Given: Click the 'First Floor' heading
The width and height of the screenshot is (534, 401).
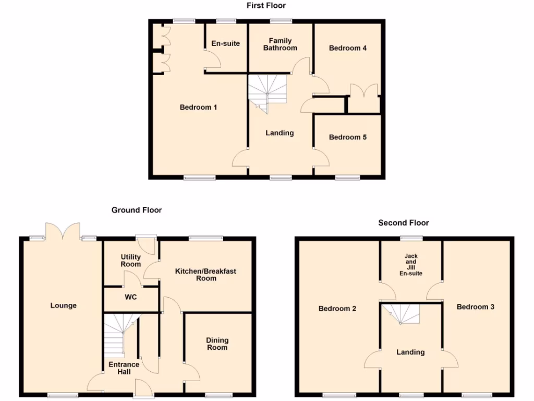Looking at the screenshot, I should tap(266, 6).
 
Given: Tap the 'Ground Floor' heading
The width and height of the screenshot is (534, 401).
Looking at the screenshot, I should tap(137, 210).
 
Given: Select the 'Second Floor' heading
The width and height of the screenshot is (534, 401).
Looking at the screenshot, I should tap(404, 223).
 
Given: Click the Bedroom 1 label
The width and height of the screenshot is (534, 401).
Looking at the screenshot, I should tap(198, 108).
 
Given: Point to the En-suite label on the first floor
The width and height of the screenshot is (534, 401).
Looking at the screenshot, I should tap(226, 43).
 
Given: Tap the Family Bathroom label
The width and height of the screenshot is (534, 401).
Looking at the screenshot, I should tap(280, 44).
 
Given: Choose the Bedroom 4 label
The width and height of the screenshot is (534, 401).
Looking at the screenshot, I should tap(348, 48).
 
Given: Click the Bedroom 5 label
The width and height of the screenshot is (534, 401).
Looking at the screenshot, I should tap(348, 137).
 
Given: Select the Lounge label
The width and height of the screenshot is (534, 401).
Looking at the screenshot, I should tap(63, 305).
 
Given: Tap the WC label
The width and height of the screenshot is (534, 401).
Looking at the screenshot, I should tap(130, 297).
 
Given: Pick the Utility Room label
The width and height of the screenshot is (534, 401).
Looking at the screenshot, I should tap(130, 260).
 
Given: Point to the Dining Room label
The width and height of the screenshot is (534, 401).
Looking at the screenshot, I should tap(217, 344).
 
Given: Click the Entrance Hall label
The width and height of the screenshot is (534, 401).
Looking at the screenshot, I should tap(124, 368).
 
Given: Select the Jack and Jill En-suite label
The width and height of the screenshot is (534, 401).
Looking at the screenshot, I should tap(411, 265).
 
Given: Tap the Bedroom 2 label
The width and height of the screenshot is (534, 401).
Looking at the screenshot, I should tap(337, 309).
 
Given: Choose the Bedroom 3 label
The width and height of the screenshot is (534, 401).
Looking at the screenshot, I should tap(476, 307).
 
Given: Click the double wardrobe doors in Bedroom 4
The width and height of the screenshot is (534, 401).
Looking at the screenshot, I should tap(364, 94).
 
